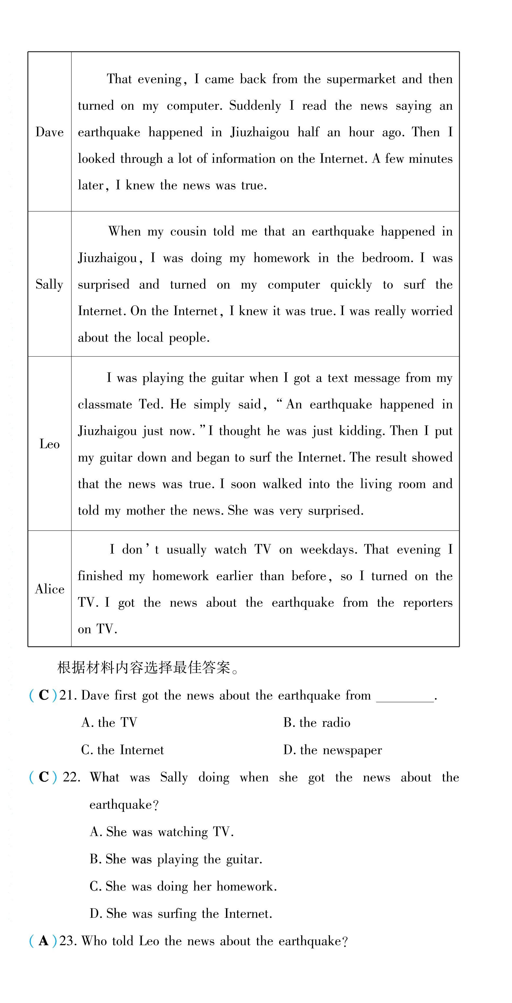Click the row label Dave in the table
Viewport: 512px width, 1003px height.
coord(49,132)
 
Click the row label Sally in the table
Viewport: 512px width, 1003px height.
coord(49,284)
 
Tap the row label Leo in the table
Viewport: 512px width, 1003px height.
coord(49,444)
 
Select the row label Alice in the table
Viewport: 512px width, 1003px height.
coord(49,589)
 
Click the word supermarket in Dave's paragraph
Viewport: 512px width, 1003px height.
coord(361,79)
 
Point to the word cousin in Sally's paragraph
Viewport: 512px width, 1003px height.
coord(188,232)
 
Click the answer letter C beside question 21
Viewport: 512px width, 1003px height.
coord(43,695)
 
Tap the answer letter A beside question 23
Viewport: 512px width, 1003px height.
coord(43,941)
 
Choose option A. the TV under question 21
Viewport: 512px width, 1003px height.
coord(109,723)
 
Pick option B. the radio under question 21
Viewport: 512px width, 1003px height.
coord(317,723)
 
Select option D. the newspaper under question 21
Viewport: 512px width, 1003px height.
coord(333,750)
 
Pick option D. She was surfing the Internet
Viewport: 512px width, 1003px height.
coord(180,914)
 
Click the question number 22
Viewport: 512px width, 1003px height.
coord(71,777)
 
